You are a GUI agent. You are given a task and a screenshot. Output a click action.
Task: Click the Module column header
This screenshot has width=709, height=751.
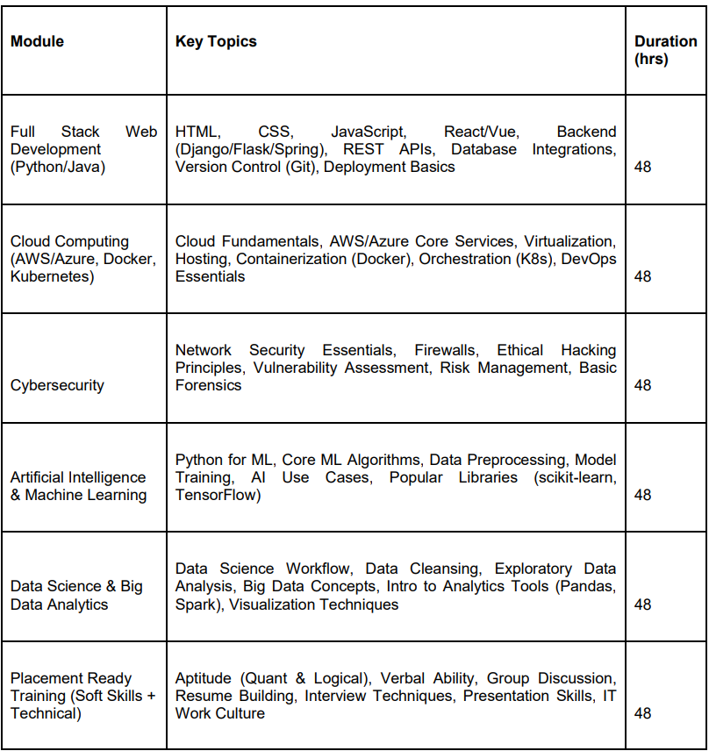tap(37, 41)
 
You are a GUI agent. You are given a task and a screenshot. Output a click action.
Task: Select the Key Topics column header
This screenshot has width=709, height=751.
tap(216, 41)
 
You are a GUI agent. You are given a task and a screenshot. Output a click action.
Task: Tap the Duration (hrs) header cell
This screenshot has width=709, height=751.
tap(665, 51)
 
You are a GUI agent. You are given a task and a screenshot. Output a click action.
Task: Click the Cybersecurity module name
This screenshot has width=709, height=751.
tap(57, 385)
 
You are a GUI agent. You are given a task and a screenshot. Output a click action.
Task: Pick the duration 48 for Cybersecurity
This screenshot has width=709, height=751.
tap(642, 385)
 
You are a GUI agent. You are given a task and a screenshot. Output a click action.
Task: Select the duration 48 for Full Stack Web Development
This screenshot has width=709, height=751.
tap(642, 167)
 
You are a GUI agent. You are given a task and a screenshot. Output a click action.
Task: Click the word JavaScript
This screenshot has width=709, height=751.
tap(368, 132)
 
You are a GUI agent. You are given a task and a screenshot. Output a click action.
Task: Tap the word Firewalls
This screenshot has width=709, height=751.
tap(444, 350)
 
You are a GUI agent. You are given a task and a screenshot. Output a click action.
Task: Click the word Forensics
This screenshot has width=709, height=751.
tap(208, 385)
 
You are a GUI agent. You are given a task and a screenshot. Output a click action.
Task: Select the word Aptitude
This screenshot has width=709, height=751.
tap(204, 678)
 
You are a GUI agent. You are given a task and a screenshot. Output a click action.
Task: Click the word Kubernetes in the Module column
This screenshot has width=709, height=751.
tap(48, 276)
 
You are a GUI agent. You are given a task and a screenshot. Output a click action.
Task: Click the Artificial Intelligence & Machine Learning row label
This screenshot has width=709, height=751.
tap(78, 486)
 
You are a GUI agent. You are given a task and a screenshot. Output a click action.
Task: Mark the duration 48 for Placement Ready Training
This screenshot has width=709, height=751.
tap(642, 713)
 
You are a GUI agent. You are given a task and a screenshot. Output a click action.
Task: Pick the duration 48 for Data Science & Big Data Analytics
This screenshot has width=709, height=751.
tap(642, 604)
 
